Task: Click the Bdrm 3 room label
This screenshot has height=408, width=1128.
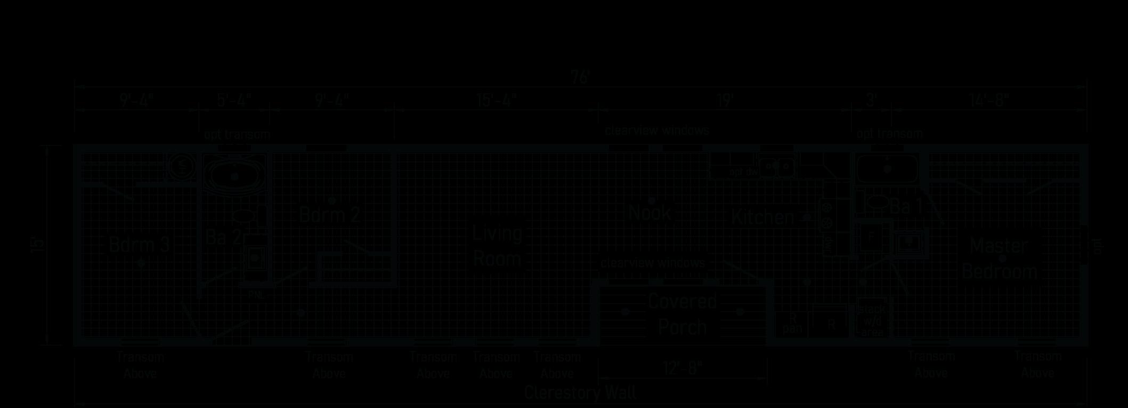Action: pos(139,245)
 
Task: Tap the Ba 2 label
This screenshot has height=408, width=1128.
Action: pos(223,238)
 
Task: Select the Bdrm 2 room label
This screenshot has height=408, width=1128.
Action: pos(329,215)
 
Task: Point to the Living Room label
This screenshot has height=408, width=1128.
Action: pos(497,247)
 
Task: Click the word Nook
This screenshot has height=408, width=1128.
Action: pos(649,213)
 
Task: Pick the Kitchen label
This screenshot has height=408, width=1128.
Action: pos(762,217)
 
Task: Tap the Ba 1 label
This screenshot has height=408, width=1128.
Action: pos(905,207)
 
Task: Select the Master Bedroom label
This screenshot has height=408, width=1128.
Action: pos(999,259)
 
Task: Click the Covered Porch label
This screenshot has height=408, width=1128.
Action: pos(682,314)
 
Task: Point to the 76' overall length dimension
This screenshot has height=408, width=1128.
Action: pos(580,78)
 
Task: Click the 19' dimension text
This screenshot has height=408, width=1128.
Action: pos(725,101)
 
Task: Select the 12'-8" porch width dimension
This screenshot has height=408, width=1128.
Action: pos(682,368)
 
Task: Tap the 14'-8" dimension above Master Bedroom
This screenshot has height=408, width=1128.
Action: pos(989,101)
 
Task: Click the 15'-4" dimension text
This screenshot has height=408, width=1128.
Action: pos(497,101)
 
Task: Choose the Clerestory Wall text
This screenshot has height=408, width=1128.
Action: pos(580,393)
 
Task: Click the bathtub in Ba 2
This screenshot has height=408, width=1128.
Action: pos(234,174)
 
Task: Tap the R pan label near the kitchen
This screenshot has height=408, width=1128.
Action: pos(792,323)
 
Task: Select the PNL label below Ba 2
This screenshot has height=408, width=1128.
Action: pos(256,295)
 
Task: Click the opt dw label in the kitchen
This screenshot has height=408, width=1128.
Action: pos(743,172)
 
